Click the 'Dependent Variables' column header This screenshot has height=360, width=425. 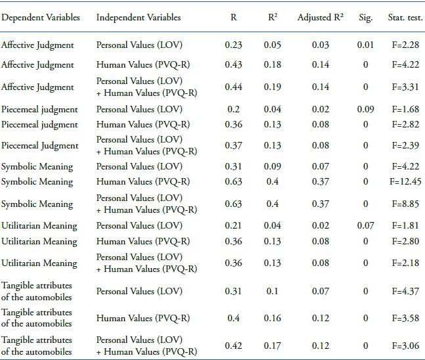[x=41, y=18]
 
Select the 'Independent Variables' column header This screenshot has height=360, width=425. [x=138, y=18]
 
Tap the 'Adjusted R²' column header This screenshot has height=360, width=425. [x=321, y=18]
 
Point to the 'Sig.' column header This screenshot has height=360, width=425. [x=366, y=18]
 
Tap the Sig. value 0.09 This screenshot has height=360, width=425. [x=366, y=109]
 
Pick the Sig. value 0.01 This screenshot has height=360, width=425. [x=366, y=45]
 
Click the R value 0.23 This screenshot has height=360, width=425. [x=234, y=45]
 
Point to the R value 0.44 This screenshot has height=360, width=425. [x=234, y=87]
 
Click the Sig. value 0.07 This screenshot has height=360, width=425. [x=366, y=226]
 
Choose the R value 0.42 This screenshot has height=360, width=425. [x=234, y=346]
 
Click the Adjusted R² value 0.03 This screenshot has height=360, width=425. [x=321, y=45]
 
